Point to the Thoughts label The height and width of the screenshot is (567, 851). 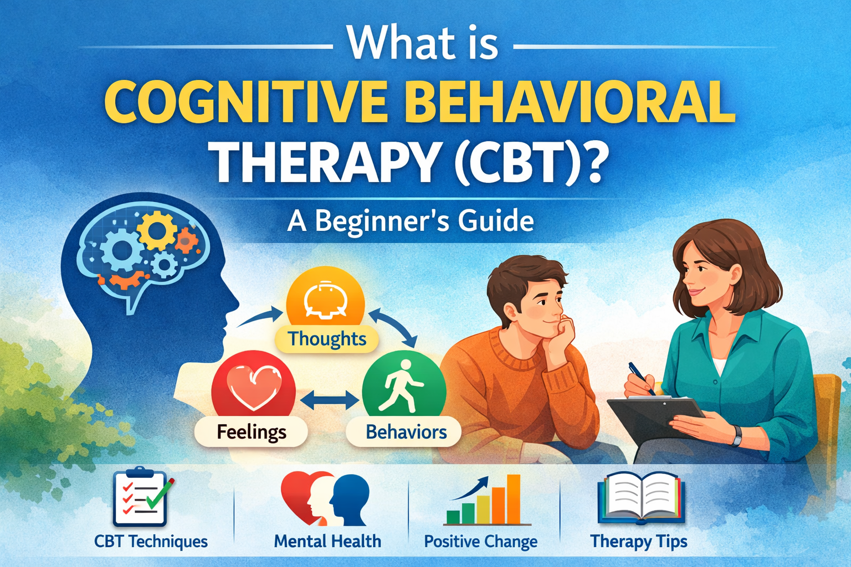(327, 339)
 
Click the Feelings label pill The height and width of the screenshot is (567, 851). (251, 432)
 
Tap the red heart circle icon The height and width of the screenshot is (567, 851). (253, 386)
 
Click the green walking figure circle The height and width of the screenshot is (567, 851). (404, 386)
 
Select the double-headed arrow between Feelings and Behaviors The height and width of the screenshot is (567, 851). (329, 400)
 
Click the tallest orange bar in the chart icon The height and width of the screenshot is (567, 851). (514, 499)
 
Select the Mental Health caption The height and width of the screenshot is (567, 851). (327, 541)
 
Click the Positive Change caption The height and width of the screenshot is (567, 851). (480, 542)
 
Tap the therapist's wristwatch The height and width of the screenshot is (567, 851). (737, 435)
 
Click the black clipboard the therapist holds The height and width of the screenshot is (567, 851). (657, 417)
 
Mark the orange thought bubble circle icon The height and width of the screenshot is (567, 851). (325, 300)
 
